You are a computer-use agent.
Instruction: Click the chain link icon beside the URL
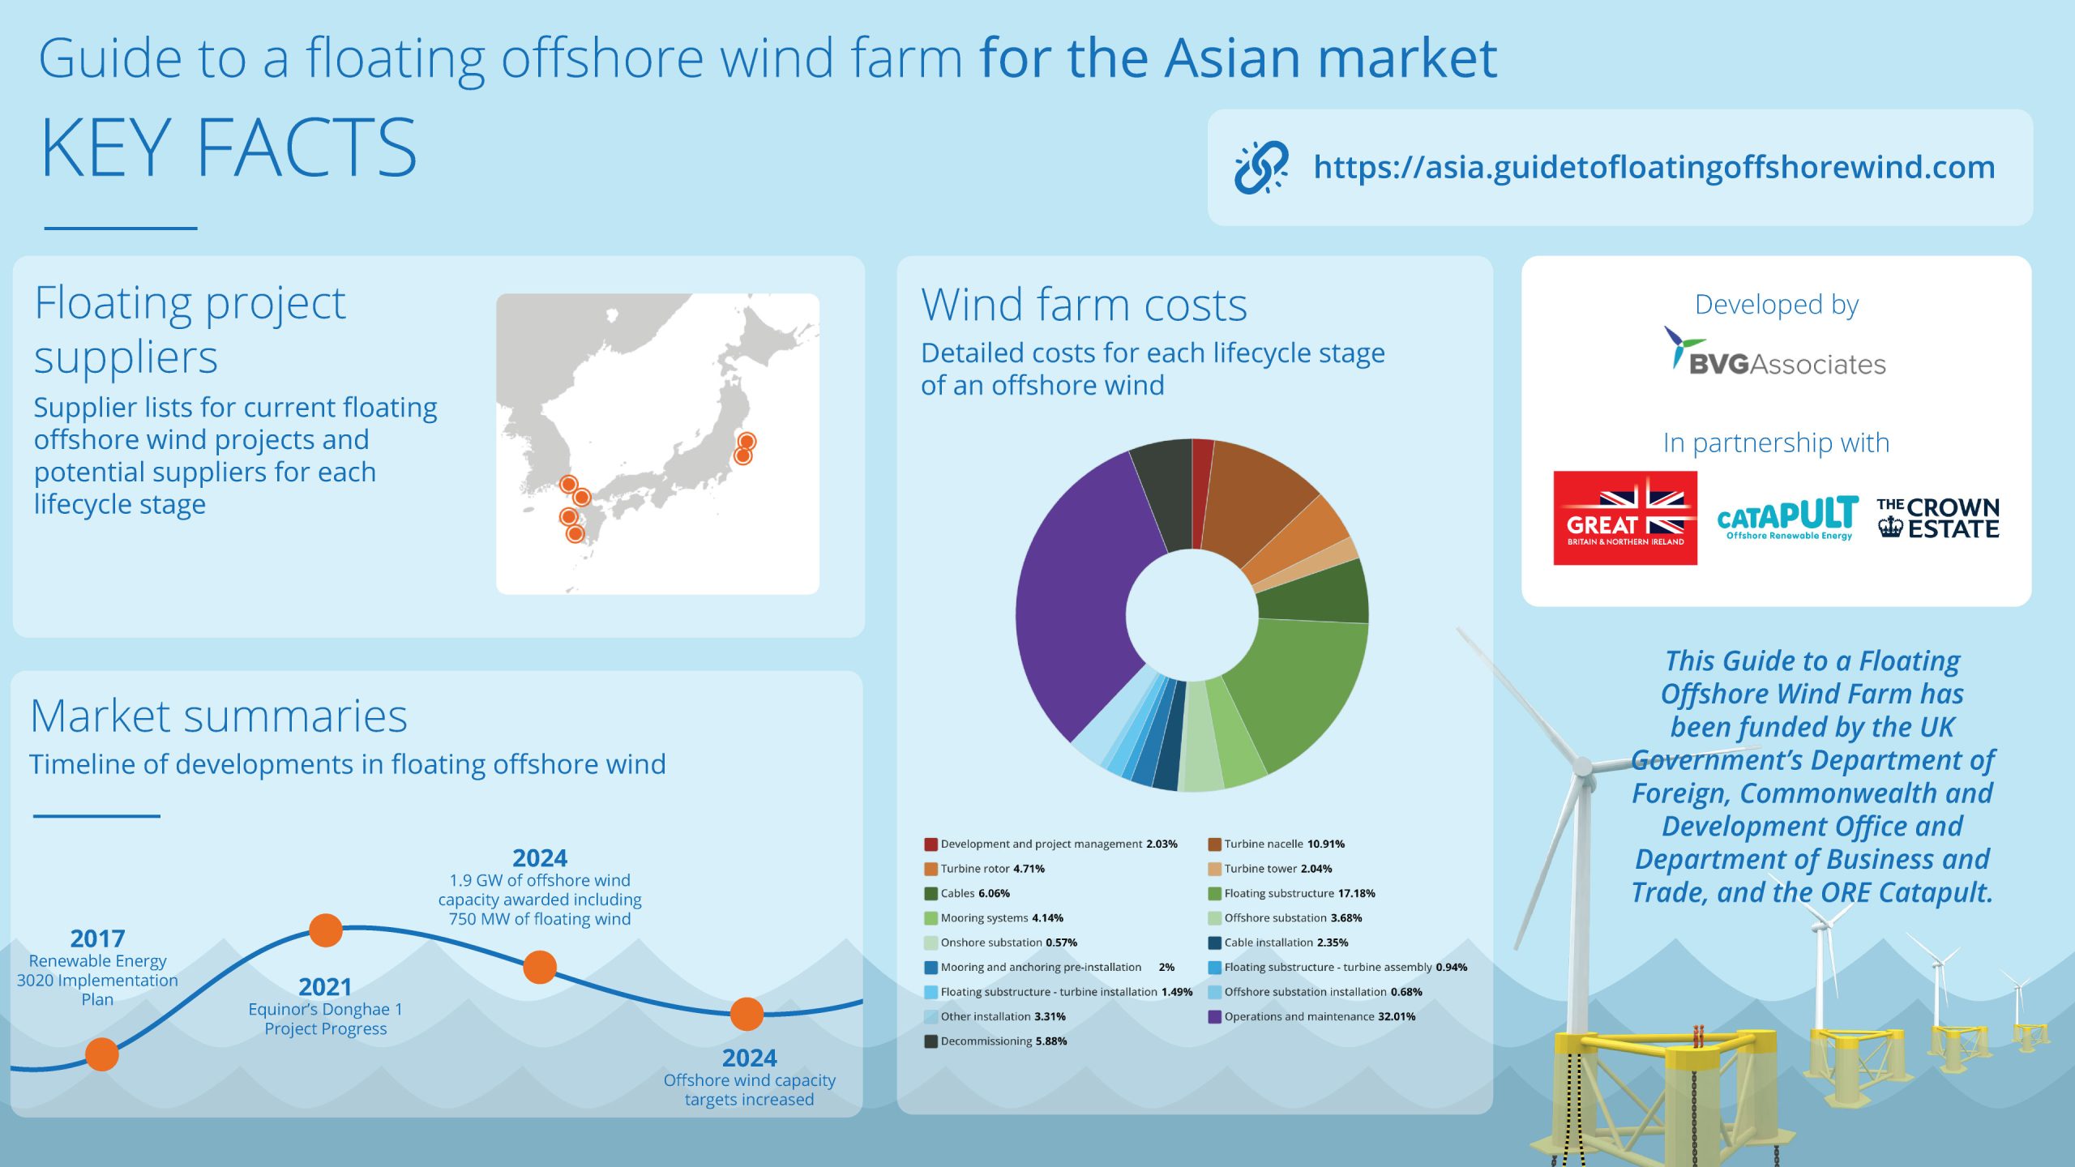[x=1261, y=167]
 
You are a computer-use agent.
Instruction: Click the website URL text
[x=1654, y=167]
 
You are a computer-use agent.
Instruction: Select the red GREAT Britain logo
[x=1625, y=518]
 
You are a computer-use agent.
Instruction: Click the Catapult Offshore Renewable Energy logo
[x=1788, y=517]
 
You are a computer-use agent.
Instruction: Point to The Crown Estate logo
[x=1938, y=518]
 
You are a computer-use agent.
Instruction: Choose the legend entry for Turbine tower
[x=1270, y=869]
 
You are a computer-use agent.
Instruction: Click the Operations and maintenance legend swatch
[x=1214, y=1017]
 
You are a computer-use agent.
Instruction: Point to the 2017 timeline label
[x=97, y=938]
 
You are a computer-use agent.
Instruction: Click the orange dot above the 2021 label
[x=326, y=930]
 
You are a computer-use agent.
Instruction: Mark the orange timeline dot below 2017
[x=102, y=1054]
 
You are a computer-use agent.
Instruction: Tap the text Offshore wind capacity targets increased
[x=749, y=1090]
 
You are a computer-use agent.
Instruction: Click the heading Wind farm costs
[x=1084, y=305]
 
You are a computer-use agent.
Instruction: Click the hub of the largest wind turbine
[x=1582, y=765]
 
